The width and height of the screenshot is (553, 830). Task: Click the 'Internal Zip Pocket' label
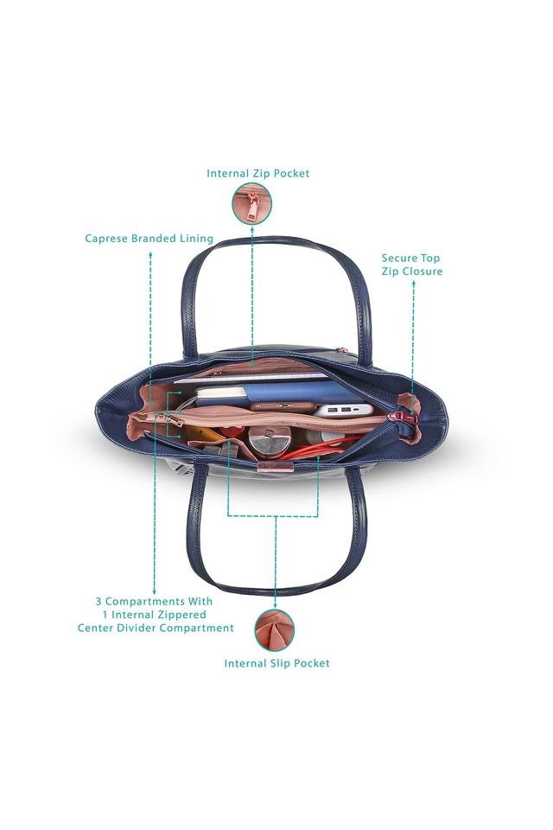point(257,173)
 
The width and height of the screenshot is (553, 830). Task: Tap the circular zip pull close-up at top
point(252,204)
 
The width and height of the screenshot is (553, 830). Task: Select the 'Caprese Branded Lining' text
point(149,238)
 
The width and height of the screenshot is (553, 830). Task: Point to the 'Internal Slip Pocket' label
point(276,663)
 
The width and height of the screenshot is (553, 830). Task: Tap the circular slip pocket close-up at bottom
point(275,629)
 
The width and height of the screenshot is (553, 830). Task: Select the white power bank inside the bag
point(343,409)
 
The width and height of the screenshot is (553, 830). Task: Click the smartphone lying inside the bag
point(282,405)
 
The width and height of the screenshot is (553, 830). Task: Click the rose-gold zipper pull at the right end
point(400,418)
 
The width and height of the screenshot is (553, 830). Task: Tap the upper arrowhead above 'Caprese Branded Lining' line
point(151,254)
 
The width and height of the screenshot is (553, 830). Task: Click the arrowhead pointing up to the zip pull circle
point(252,229)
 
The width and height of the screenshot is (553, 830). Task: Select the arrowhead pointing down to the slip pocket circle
point(275,603)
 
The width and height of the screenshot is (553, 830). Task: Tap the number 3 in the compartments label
point(99,600)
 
